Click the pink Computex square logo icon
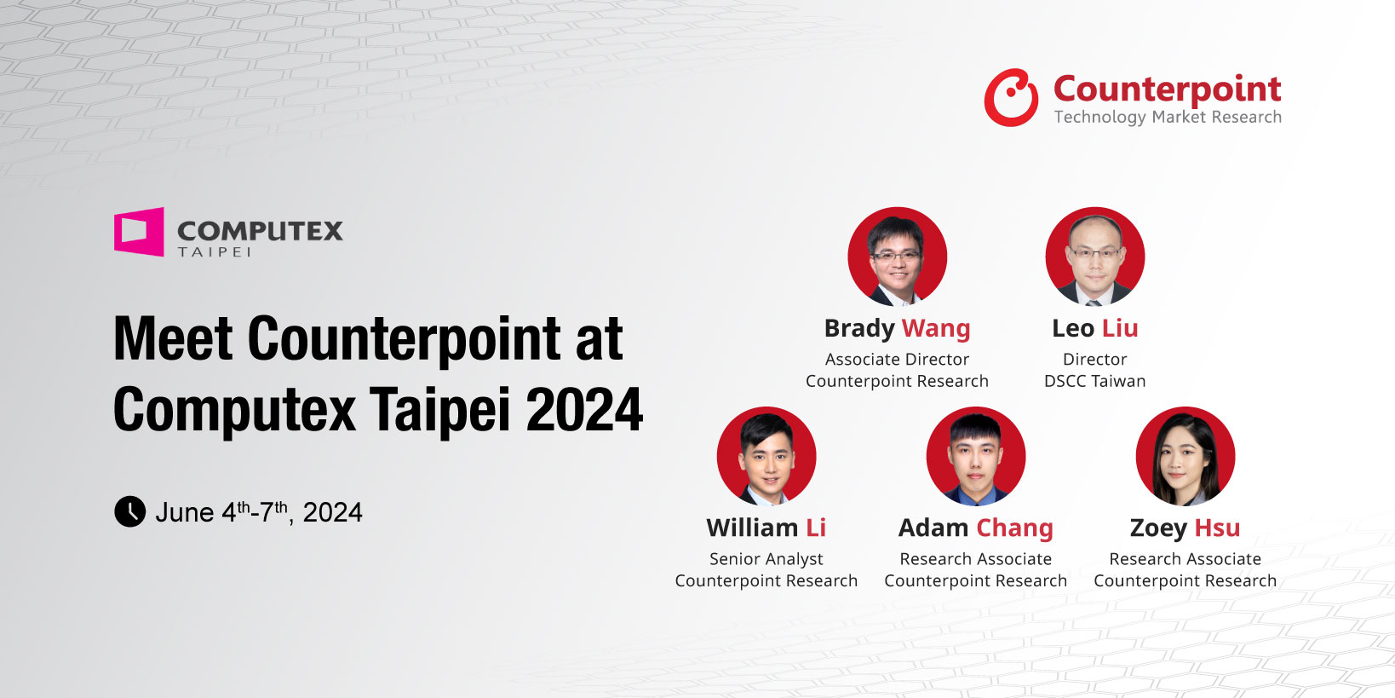139,232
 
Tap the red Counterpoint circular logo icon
1011,98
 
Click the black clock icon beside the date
130,511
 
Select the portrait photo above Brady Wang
898,257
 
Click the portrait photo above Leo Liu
1095,257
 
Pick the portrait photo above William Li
766,456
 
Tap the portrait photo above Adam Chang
976,456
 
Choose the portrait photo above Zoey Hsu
1185,456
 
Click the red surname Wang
936,329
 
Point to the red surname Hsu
1218,528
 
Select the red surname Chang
1014,528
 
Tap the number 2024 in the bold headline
584,409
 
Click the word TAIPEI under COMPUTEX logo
215,251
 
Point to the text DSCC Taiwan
1095,381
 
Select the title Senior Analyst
766,559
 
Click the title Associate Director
898,359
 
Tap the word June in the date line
184,513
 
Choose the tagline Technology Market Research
1168,117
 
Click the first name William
752,528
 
